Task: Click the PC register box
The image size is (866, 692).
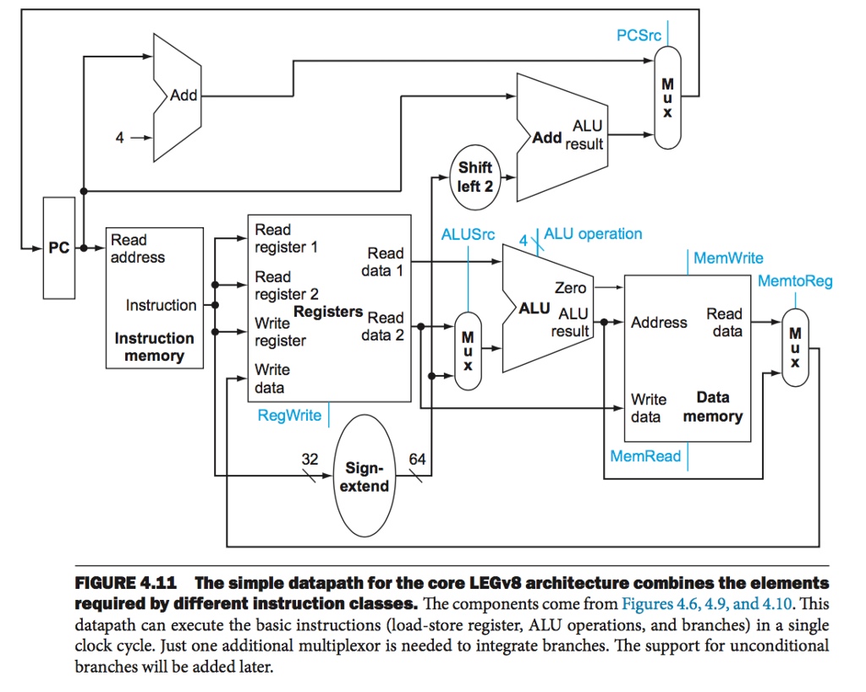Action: pos(58,248)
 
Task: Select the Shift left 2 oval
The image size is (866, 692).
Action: pos(475,177)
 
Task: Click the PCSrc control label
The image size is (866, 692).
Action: pos(639,35)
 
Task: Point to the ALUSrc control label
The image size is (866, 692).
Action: pos(468,234)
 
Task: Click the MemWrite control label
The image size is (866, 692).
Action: pos(727,259)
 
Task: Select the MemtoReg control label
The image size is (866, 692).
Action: pos(794,281)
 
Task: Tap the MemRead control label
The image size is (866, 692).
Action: pos(645,456)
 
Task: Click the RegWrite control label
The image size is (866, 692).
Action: pos(289,415)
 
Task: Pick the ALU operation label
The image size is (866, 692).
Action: pos(593,234)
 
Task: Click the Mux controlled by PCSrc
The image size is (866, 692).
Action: pos(668,98)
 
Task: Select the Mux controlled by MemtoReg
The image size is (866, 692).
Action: pos(795,347)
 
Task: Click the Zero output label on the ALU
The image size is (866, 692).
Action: pos(571,288)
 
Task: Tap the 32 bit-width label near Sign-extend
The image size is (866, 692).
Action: pos(310,460)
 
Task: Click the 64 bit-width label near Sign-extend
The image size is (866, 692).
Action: pos(417,460)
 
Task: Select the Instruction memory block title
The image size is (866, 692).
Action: pos(154,347)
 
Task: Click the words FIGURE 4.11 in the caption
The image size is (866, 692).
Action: pos(125,584)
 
